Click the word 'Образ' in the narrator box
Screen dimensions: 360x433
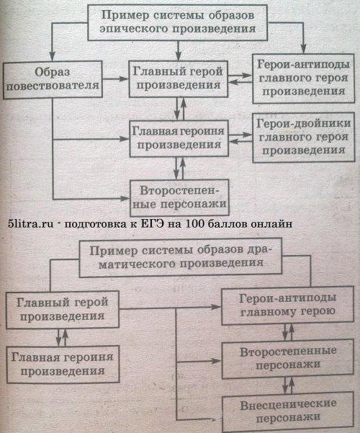[53, 72]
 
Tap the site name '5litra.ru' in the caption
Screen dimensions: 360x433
[31, 223]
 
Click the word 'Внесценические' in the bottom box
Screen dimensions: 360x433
[288, 406]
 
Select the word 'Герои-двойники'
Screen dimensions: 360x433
[303, 123]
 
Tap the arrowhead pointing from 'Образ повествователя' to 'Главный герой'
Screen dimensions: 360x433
[125, 79]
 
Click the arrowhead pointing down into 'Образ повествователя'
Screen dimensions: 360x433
[52, 57]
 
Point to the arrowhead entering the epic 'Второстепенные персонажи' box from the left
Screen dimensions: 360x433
[125, 198]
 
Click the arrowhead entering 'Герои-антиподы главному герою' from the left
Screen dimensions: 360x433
[217, 306]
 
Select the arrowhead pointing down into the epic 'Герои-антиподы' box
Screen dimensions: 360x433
[303, 49]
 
